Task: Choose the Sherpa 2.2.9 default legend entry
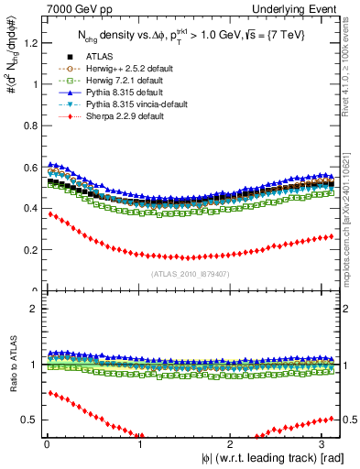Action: (x=104, y=117)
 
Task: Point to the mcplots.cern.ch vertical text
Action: (x=352, y=220)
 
